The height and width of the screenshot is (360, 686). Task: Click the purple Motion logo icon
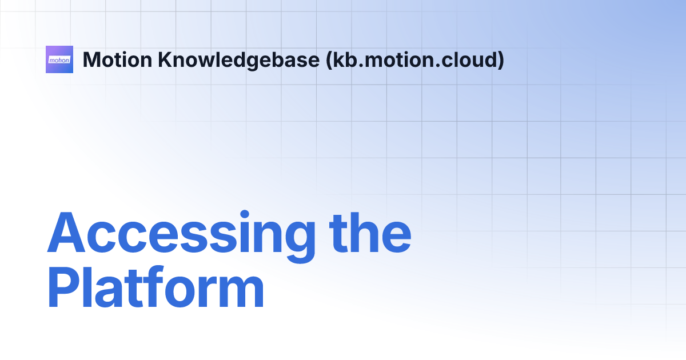[59, 59]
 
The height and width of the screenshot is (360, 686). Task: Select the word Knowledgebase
[238, 59]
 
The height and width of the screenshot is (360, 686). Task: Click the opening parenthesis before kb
[329, 60]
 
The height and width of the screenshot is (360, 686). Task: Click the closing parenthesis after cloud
[501, 60]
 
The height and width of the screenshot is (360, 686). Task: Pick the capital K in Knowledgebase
[165, 59]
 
